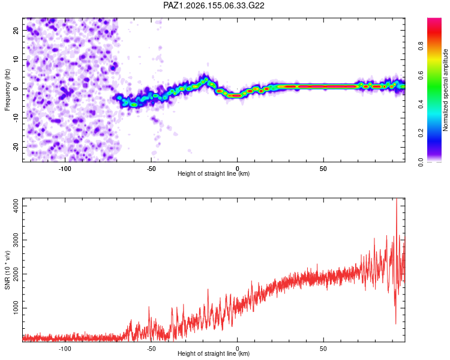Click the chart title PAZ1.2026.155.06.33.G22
pos(214,5)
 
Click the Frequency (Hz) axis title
pos(7,90)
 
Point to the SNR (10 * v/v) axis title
pos(7,270)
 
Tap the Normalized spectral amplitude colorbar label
pos(445,90)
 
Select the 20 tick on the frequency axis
pos(16,30)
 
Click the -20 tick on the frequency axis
pos(16,147)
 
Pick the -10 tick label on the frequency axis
pos(16,118)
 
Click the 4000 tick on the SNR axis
pos(16,206)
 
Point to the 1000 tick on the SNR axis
pos(16,308)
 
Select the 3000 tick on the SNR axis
pos(16,240)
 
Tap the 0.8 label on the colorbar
pos(421,46)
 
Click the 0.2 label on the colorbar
pos(421,133)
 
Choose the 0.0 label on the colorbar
pos(421,162)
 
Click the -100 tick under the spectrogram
pos(65,169)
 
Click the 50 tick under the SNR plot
pos(323,349)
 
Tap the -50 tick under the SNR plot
pos(151,349)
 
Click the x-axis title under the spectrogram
pos(214,173)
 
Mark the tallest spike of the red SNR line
pos(397,199)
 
